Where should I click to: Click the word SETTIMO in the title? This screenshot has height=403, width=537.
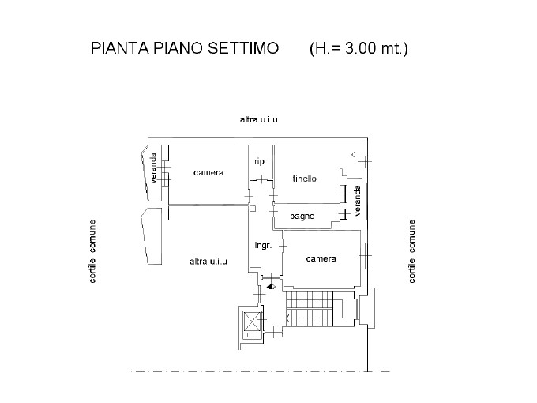tap(243, 48)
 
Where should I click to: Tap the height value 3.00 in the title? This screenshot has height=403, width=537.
tap(360, 48)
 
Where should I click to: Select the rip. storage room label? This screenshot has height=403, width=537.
tap(261, 162)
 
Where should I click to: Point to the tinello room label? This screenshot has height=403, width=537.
tap(305, 179)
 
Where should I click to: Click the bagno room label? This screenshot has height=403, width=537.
tap(302, 217)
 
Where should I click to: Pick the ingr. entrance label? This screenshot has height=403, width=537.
tap(263, 246)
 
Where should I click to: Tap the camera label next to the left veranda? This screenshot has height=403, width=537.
tap(208, 173)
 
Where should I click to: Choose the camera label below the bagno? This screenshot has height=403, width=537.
tap(321, 258)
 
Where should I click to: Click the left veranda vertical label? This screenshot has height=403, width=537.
tap(153, 168)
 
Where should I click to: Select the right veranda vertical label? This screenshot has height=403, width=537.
tap(358, 201)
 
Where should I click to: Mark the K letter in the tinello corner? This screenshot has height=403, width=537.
tap(352, 155)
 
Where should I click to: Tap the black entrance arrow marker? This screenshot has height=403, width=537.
tap(272, 287)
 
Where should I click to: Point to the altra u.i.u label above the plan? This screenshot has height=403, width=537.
tap(258, 119)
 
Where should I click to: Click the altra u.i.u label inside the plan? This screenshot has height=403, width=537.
tap(208, 262)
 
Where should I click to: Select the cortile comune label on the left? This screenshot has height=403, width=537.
tap(92, 251)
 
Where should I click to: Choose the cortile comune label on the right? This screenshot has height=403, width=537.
tap(412, 251)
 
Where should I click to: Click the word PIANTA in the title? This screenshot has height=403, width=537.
tap(120, 48)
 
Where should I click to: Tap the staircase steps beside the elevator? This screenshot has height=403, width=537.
tap(310, 309)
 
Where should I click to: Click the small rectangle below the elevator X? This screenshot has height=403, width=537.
tap(252, 335)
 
